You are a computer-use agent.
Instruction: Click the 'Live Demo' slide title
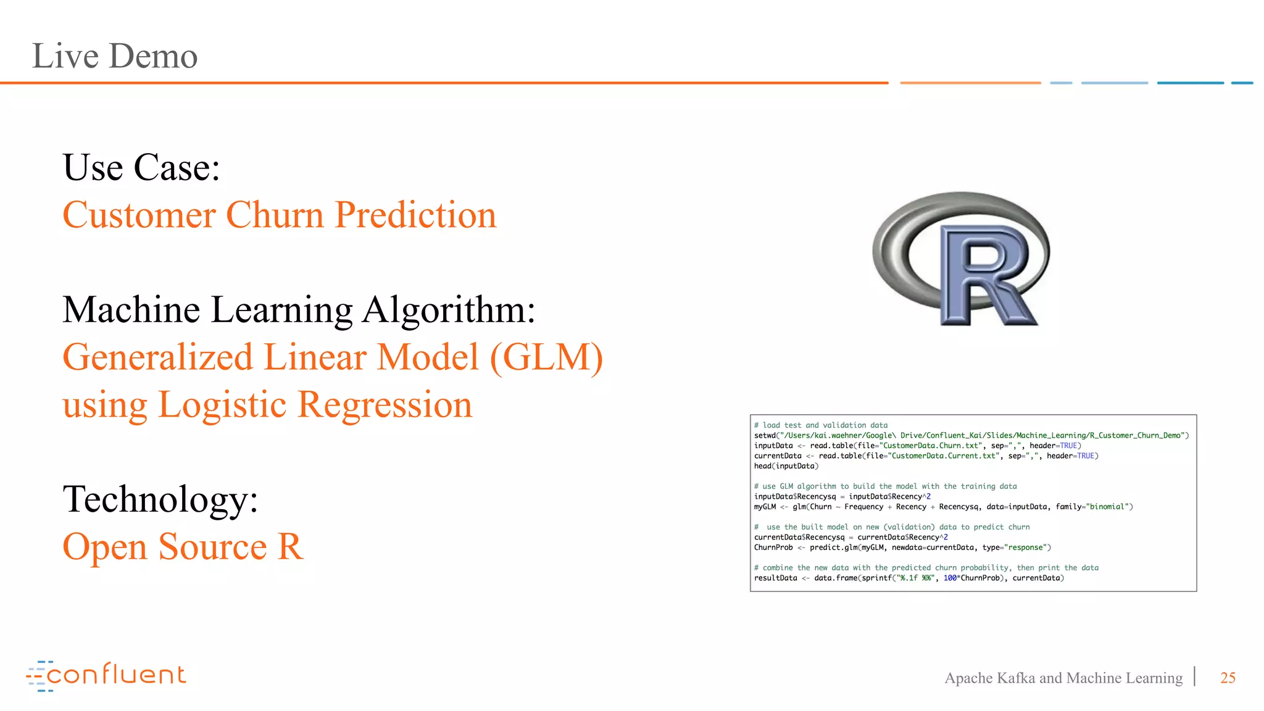pyautogui.click(x=115, y=56)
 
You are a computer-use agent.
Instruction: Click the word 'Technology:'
pyautogui.click(x=160, y=499)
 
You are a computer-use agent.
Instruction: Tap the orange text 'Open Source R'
pyautogui.click(x=183, y=547)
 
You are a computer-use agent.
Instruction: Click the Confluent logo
pyautogui.click(x=106, y=675)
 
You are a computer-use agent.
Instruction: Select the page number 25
pyautogui.click(x=1228, y=678)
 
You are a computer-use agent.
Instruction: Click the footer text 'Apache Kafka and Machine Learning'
pyautogui.click(x=1063, y=678)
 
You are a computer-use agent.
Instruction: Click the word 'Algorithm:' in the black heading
pyautogui.click(x=449, y=309)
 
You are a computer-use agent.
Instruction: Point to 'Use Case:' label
pyautogui.click(x=141, y=168)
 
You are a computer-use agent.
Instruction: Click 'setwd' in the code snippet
pyautogui.click(x=765, y=436)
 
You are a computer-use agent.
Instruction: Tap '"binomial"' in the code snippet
pyautogui.click(x=1109, y=507)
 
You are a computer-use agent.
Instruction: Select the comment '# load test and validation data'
pyautogui.click(x=821, y=425)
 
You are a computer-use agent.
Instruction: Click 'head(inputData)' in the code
pyautogui.click(x=786, y=466)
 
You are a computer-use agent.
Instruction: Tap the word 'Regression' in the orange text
pyautogui.click(x=385, y=405)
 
